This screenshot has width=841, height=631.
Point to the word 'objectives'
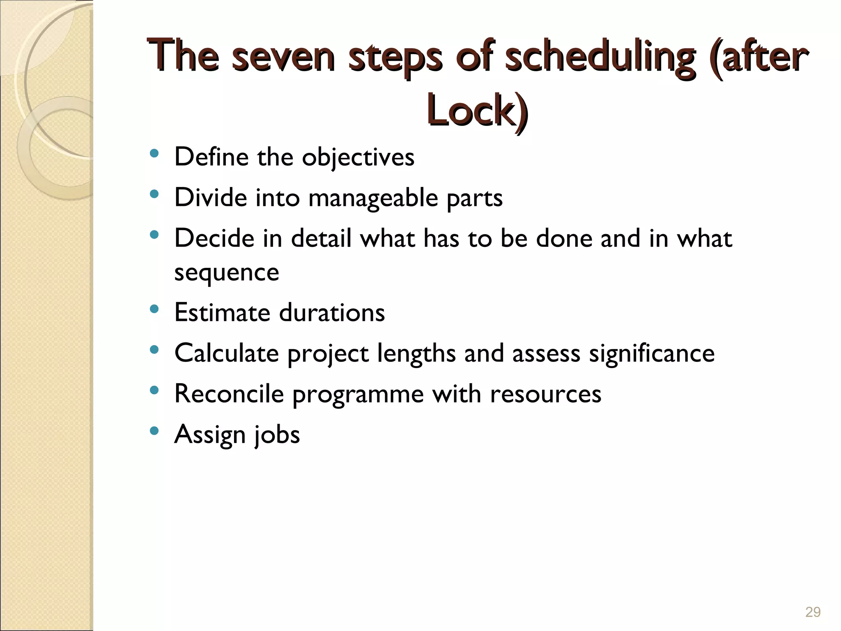point(358,157)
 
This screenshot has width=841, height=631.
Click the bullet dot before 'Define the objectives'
point(154,154)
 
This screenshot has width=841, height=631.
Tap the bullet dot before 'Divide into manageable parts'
point(154,194)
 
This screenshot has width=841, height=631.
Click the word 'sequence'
point(227,272)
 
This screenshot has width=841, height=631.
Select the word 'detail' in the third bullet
point(322,238)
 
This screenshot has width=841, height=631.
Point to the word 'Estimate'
point(222,312)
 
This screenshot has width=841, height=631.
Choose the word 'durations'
point(332,312)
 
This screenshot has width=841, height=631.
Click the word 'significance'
point(652,353)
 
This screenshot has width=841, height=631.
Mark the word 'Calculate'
point(227,353)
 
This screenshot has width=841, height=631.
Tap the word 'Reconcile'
point(229,394)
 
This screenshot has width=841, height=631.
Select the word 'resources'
point(545,394)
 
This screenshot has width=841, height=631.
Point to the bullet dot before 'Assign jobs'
point(154,431)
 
